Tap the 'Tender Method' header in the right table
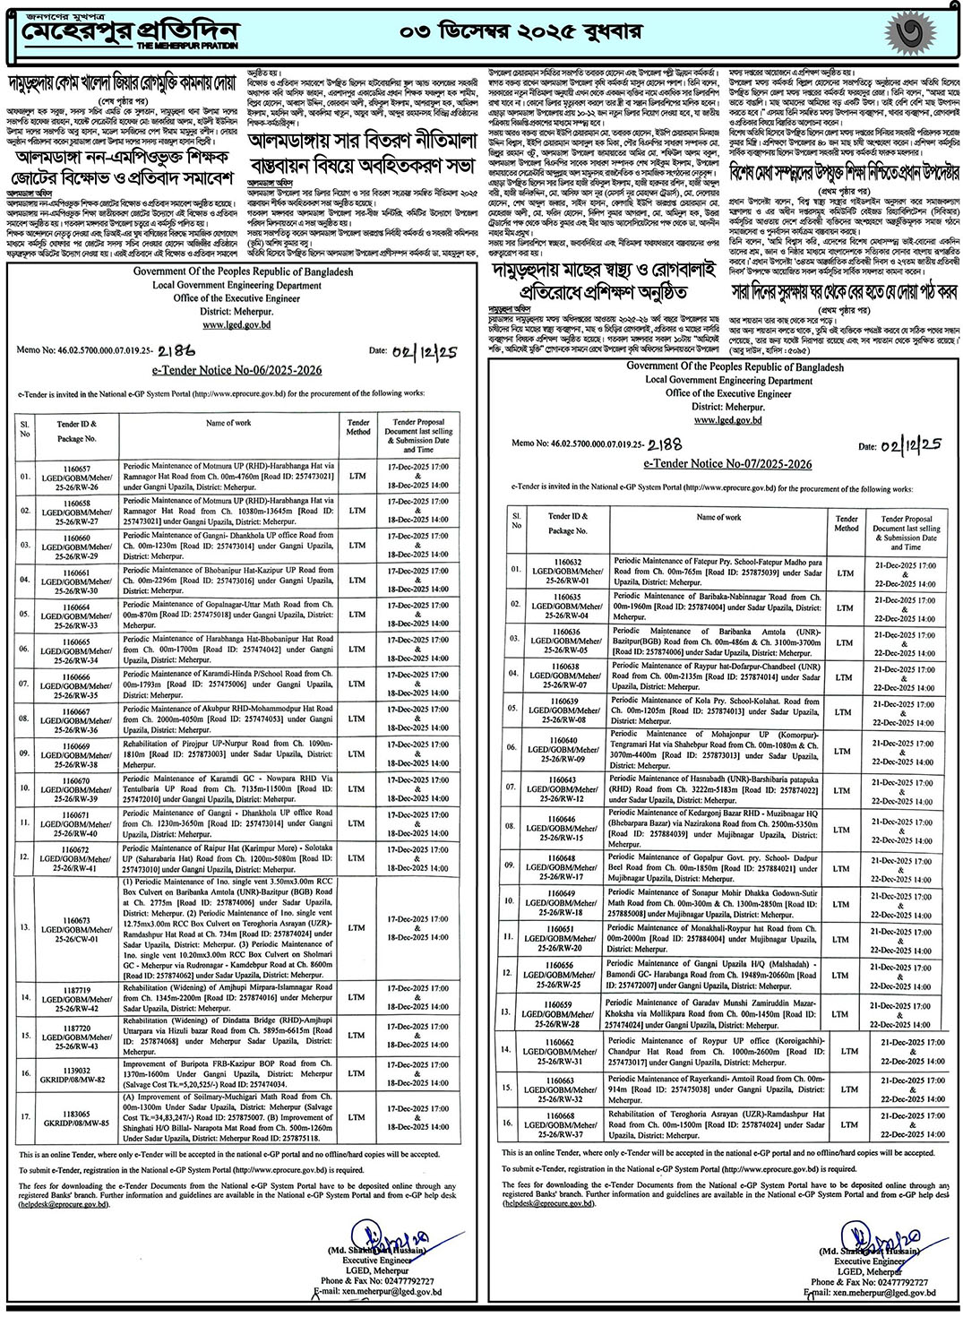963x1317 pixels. (x=846, y=523)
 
